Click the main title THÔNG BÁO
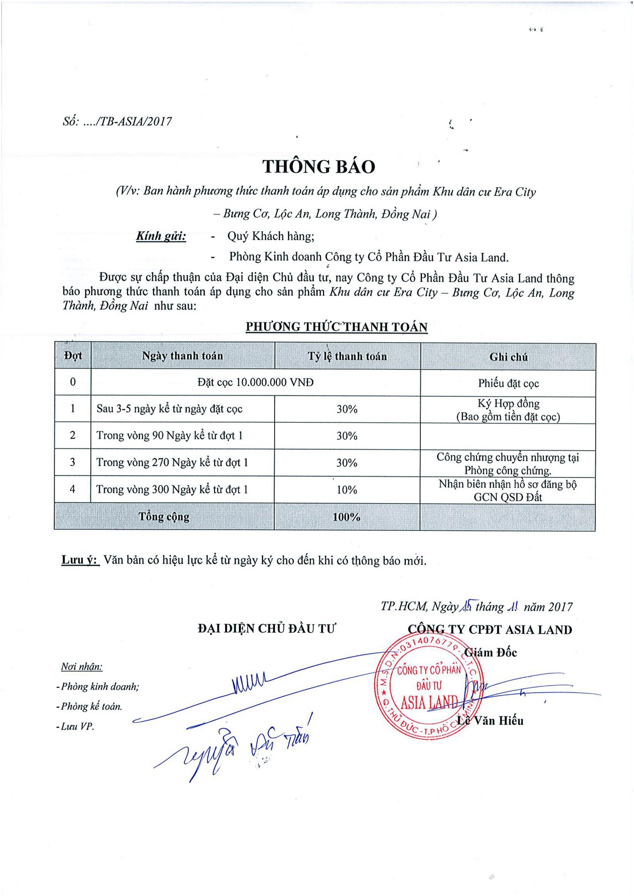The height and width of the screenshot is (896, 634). (319, 167)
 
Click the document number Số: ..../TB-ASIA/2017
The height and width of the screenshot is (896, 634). (117, 121)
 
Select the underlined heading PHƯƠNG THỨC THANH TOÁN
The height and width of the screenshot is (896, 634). (336, 327)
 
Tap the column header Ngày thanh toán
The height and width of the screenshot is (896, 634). (182, 356)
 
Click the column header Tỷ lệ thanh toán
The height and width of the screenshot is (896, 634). (347, 356)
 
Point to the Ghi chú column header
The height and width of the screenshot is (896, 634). (508, 357)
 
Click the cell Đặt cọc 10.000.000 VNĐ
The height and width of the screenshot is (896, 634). (256, 382)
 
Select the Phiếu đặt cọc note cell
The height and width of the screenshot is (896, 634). (508, 383)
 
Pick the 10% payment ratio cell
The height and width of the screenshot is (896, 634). (347, 490)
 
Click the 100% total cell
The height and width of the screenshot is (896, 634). (346, 517)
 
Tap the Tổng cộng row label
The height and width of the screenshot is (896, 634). (164, 517)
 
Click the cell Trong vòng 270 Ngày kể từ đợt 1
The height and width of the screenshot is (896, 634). (172, 463)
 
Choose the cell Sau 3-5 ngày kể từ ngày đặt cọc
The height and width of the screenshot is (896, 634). (170, 409)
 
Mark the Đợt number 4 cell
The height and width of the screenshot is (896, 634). (73, 490)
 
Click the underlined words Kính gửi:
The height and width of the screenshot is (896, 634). (161, 236)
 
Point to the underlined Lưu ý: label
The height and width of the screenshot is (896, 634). (80, 560)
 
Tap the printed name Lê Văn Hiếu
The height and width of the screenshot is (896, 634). (490, 721)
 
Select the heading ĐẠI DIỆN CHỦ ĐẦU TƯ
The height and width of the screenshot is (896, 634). (267, 628)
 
